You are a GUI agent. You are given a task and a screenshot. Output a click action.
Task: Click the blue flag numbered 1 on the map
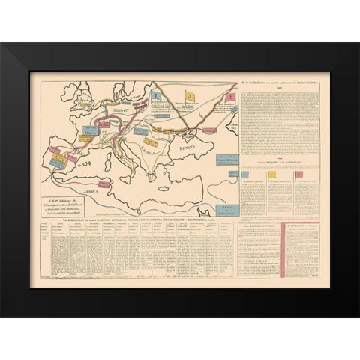(x=154, y=96)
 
